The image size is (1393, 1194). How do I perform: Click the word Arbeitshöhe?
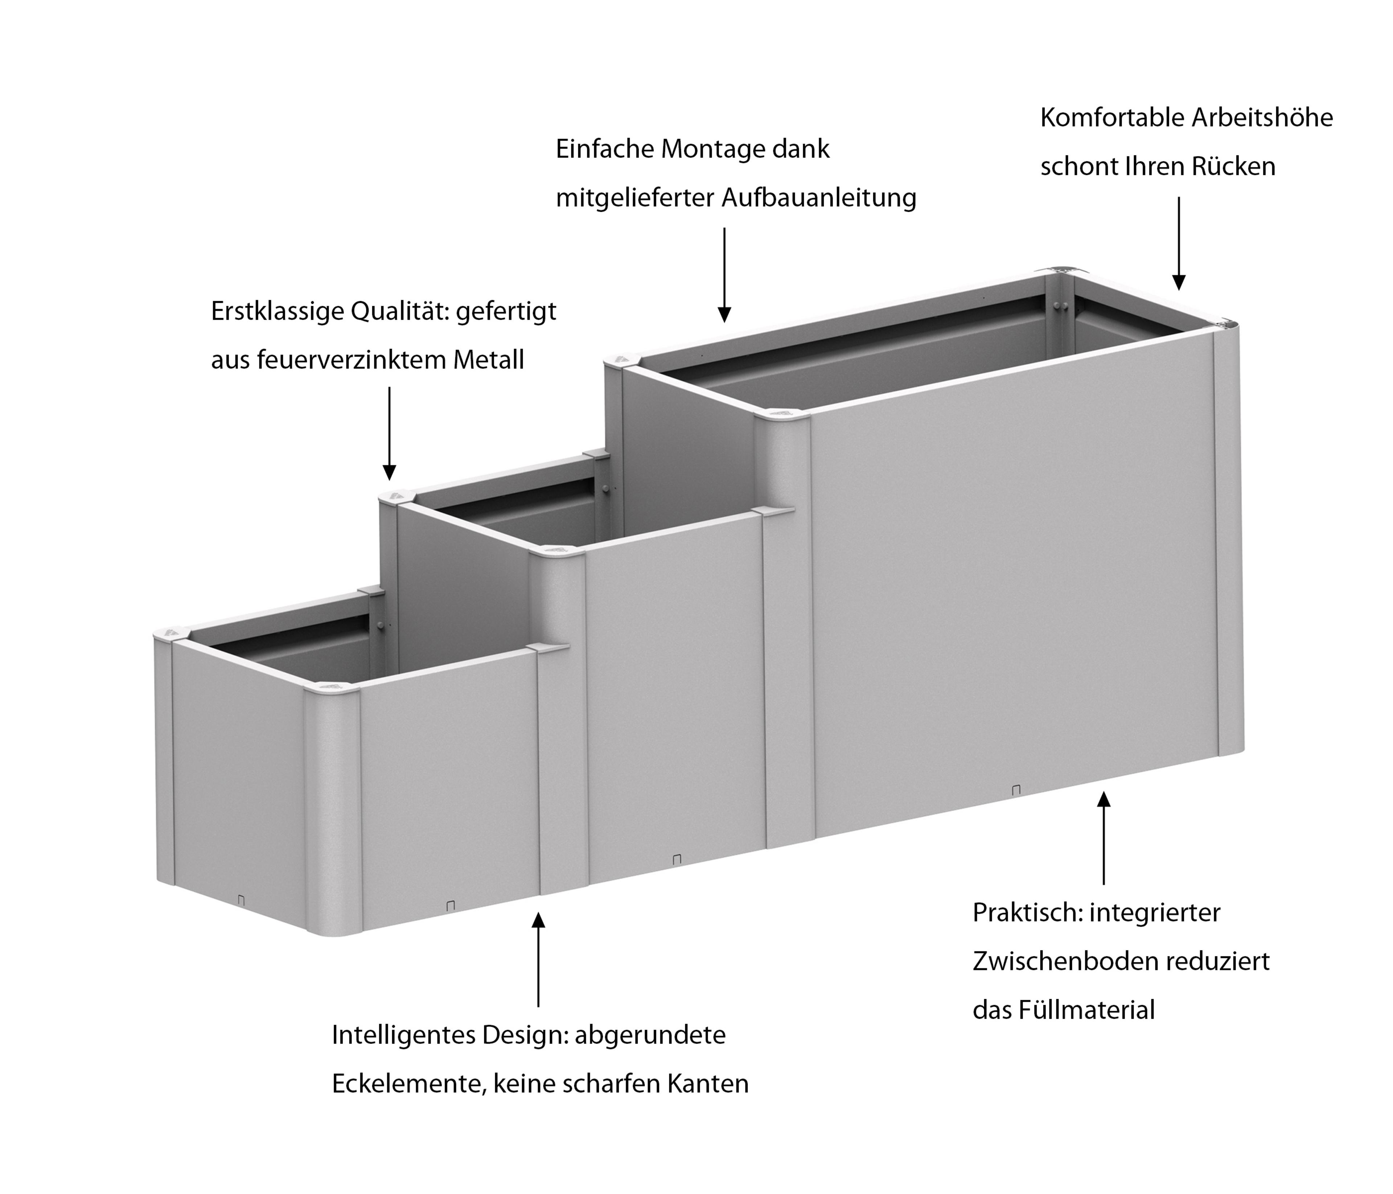tap(1262, 118)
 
